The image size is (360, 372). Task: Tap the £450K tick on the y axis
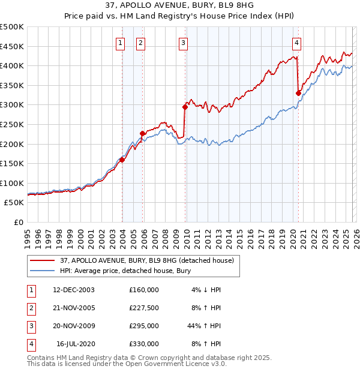[12, 46]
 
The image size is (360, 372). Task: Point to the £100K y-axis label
[12, 183]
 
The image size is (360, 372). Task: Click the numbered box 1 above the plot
[121, 43]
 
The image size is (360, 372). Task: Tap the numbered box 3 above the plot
[183, 43]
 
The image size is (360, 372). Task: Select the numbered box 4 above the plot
[297, 43]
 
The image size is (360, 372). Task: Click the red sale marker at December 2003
[122, 160]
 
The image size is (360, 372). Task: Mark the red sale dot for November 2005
[143, 133]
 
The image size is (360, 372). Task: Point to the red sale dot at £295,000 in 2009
[185, 107]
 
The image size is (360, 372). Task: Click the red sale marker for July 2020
[298, 93]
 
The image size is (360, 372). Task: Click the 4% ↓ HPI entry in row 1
[206, 289]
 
